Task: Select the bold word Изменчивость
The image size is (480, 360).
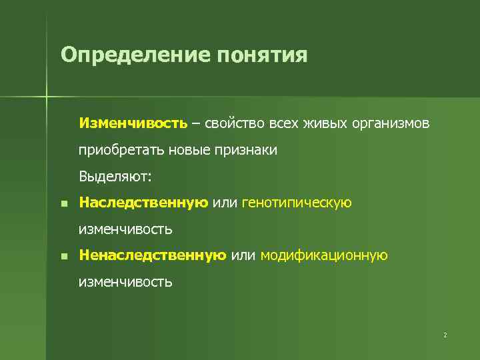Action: (x=133, y=123)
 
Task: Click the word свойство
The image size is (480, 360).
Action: (x=234, y=123)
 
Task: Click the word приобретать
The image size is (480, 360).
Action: (x=116, y=151)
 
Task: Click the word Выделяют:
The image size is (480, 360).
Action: (x=115, y=177)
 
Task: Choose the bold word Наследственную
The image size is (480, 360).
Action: (x=143, y=203)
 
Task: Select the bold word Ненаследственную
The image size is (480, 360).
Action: (x=153, y=255)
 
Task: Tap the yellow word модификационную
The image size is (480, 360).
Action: (x=324, y=255)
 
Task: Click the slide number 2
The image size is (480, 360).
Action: (x=445, y=334)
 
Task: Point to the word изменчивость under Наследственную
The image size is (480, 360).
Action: (x=125, y=229)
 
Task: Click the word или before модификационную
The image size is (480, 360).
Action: (x=243, y=255)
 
